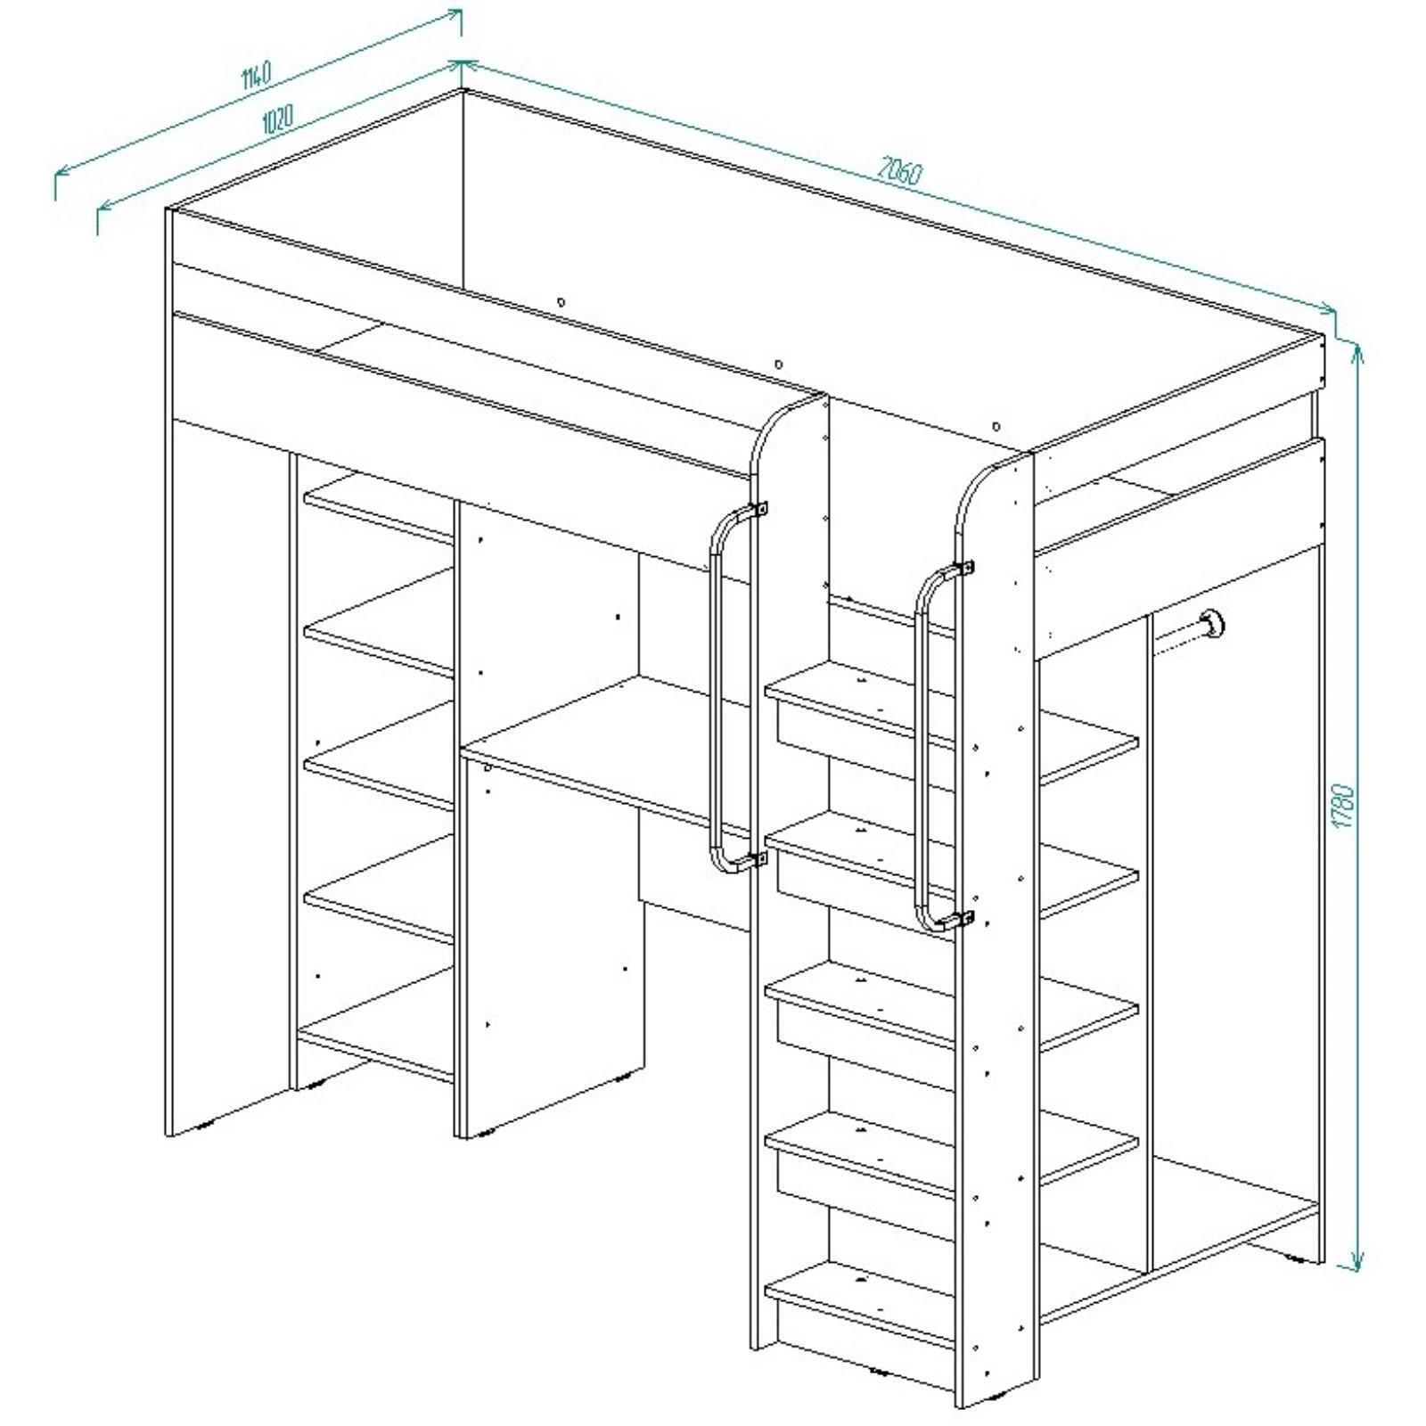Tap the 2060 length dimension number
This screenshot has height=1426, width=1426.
[x=900, y=170]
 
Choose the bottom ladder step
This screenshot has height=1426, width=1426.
[x=860, y=1299]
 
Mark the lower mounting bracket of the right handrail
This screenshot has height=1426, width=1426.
[x=965, y=917]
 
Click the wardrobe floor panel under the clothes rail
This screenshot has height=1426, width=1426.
[x=1234, y=1203]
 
